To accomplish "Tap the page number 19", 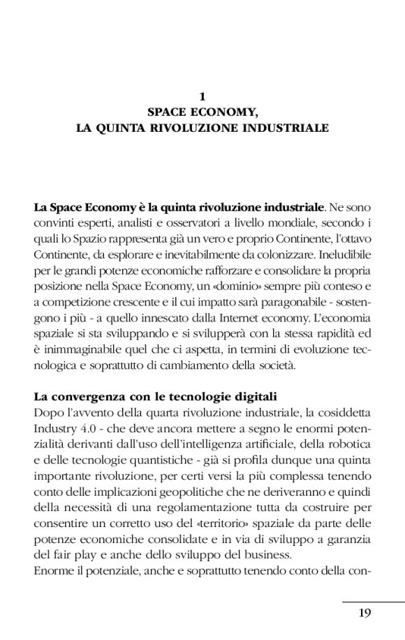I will (364, 614).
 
